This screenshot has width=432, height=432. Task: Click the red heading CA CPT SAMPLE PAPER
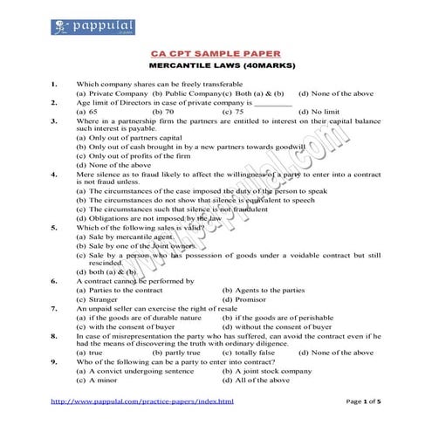(215, 52)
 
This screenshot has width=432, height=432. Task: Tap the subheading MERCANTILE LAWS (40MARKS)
(215, 65)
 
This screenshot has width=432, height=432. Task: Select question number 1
(54, 84)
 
